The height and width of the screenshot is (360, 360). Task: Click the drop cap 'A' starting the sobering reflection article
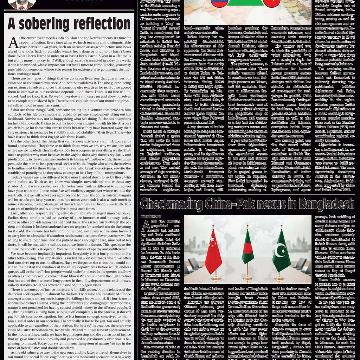[x=13, y=43]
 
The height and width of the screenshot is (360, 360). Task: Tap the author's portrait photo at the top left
[x=22, y=4]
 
